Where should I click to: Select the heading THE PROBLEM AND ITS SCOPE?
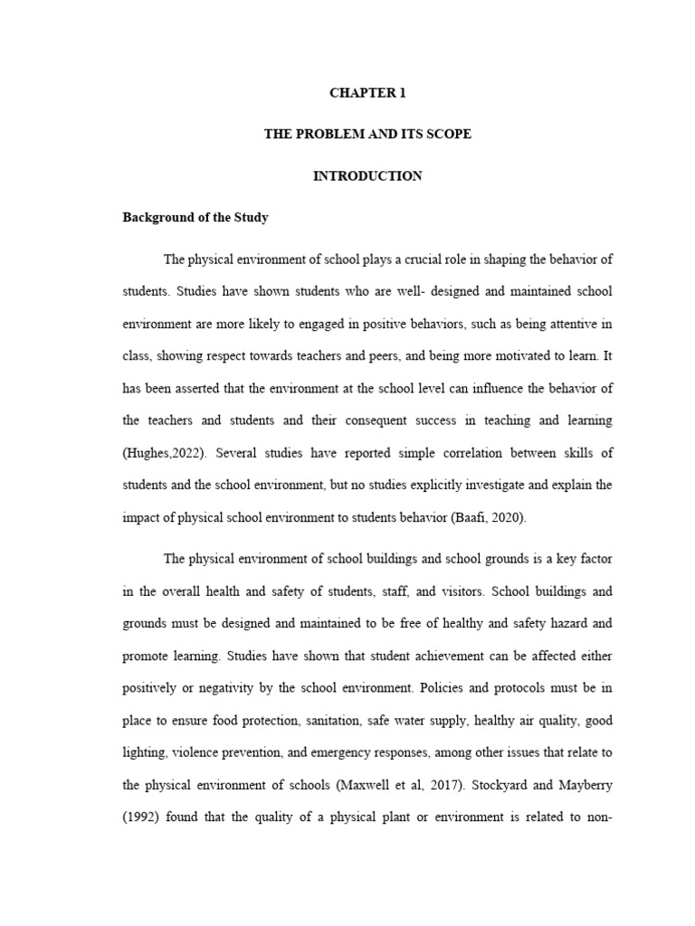pos(367,134)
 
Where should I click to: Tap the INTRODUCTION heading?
pos(367,176)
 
